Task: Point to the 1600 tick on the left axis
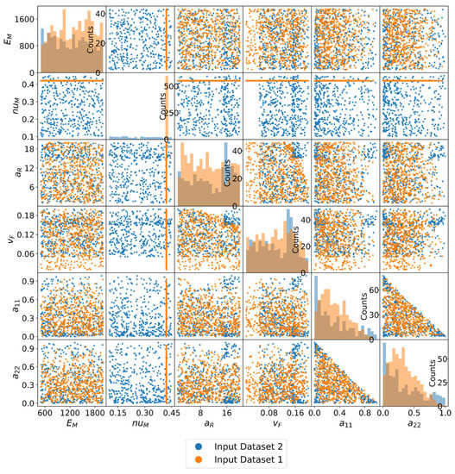pyautogui.click(x=23, y=18)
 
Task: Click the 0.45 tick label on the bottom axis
pyautogui.click(x=165, y=412)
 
